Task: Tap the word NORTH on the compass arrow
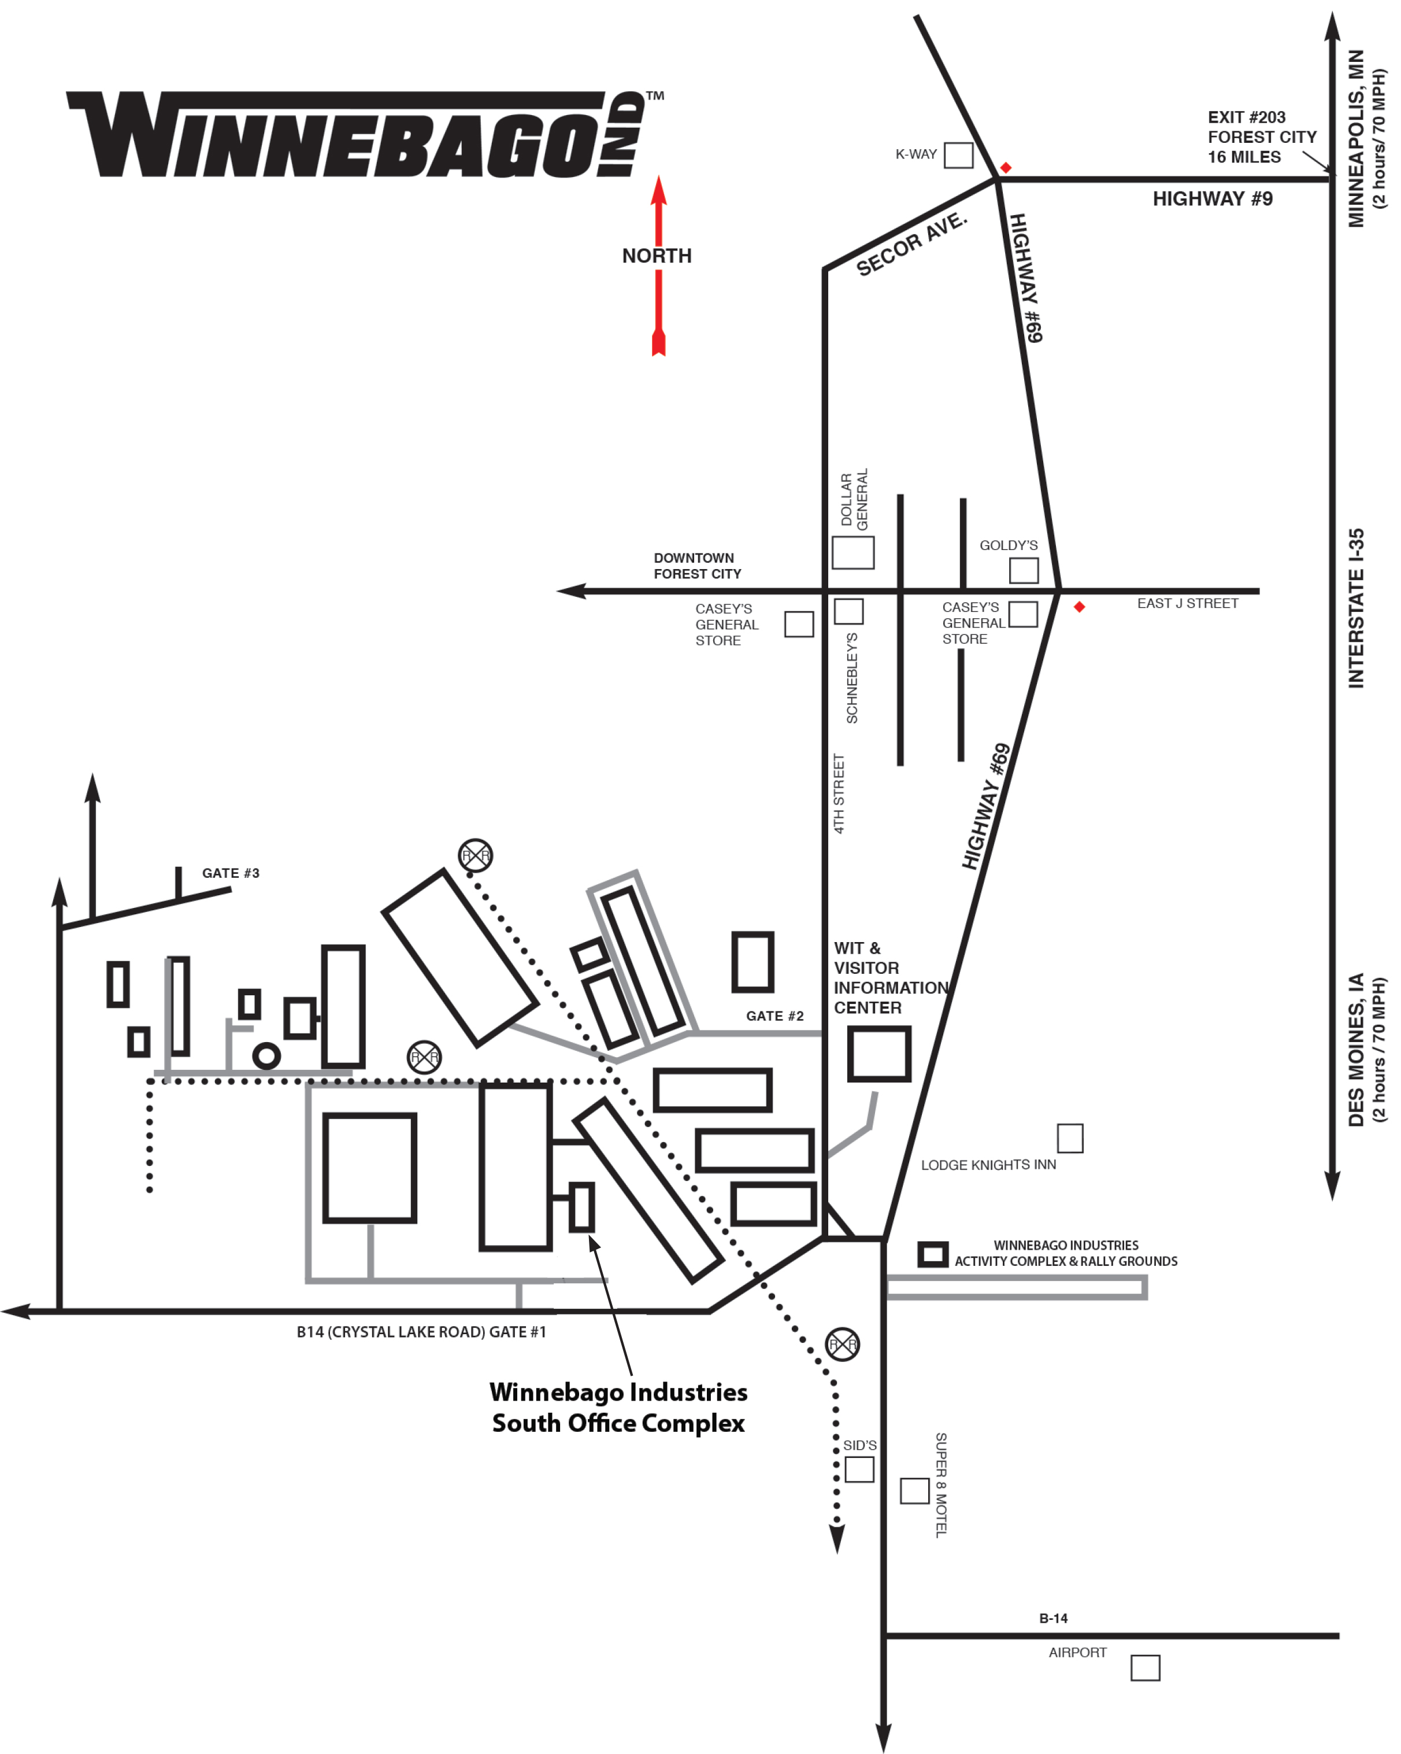coord(657,256)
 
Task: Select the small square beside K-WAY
coord(959,154)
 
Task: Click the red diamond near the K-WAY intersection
coord(1006,168)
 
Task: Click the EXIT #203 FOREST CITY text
coord(1261,136)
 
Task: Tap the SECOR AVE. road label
coord(911,243)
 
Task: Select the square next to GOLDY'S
coord(1024,570)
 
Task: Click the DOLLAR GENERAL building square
coord(853,552)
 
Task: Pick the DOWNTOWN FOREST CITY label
coord(697,566)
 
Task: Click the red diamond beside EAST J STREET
coord(1079,607)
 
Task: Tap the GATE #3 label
coord(231,873)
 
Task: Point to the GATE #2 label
coord(775,1016)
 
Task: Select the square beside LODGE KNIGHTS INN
coord(1070,1138)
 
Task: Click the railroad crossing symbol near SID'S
coord(842,1344)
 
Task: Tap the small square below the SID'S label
coord(859,1469)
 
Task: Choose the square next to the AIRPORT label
coord(1145,1668)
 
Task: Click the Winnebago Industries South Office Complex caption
coord(618,1408)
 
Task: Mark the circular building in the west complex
coord(266,1044)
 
